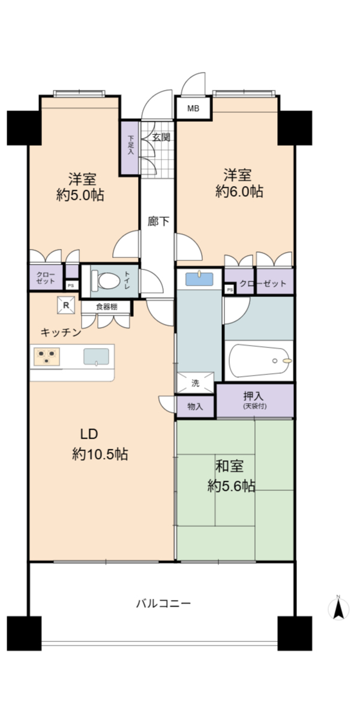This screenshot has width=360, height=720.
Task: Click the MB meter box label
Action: (193, 109)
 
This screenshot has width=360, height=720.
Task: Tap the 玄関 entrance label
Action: (161, 137)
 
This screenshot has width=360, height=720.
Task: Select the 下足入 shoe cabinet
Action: (130, 148)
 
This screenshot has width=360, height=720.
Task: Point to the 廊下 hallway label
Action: (158, 221)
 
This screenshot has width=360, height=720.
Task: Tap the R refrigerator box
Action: (66, 305)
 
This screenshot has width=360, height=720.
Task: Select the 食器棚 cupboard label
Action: (107, 307)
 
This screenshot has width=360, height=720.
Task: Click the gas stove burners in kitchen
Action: (47, 357)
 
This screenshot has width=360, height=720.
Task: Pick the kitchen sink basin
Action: (96, 356)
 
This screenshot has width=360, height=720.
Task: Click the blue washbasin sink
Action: (199, 279)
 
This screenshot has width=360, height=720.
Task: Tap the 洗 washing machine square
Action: (196, 383)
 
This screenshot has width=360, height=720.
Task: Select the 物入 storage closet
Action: (196, 407)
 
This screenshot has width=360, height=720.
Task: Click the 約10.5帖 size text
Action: (100, 454)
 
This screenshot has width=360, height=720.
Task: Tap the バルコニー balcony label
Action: (163, 604)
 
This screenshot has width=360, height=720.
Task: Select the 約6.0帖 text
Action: (239, 191)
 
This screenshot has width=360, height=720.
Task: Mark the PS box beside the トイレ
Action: (71, 285)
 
